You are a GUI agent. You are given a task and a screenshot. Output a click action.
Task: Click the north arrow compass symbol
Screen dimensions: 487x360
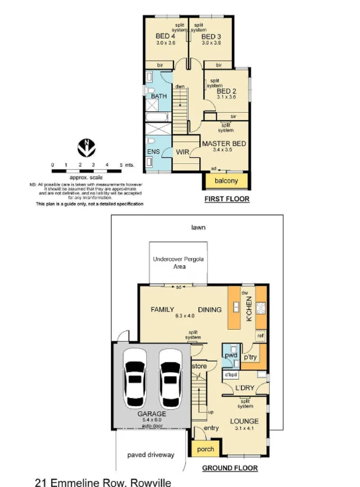click(x=86, y=147)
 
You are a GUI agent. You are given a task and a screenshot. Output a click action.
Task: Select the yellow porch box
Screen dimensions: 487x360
click(x=203, y=449)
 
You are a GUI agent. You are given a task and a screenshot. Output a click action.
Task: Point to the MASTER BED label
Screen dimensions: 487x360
click(x=224, y=144)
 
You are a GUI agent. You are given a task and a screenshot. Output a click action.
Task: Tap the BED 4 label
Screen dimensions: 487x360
click(x=165, y=36)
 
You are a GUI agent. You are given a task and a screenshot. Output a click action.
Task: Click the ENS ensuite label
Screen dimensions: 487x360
click(x=153, y=152)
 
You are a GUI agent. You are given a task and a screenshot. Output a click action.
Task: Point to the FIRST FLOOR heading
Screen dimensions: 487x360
click(x=226, y=199)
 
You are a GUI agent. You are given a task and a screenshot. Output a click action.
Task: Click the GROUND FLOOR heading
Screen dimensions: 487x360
click(x=230, y=468)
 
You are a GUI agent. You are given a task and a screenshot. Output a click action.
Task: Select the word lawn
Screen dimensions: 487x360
click(x=198, y=227)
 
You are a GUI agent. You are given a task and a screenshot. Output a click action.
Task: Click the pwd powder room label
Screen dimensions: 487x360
click(x=231, y=355)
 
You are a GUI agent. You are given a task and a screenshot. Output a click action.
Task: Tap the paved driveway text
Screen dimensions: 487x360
click(x=150, y=455)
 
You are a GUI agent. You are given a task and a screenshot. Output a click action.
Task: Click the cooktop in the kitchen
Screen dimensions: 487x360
click(x=261, y=308)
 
